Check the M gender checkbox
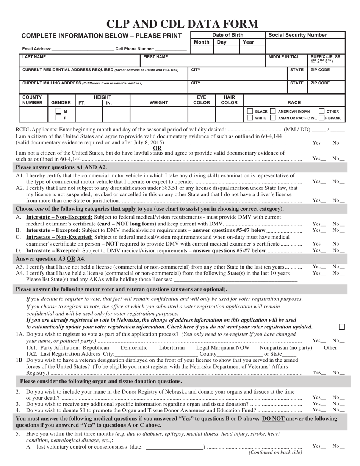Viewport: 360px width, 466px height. click(58, 111)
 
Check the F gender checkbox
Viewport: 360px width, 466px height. click(58, 118)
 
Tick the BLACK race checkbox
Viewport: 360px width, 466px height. click(250, 111)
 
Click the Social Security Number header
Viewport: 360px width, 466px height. click(297, 35)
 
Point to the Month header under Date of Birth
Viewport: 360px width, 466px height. click(201, 42)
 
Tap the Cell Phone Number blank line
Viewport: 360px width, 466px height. click(171, 49)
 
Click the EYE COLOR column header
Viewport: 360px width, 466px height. click(202, 100)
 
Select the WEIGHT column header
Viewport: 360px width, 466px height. click(159, 103)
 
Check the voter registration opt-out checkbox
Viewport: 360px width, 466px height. click(341, 327)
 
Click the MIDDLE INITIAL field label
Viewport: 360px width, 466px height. click(284, 57)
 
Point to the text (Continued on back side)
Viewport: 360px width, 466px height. click(275, 452)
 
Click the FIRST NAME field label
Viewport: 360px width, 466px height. click(155, 57)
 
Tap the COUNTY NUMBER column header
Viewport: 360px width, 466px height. click(32, 100)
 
